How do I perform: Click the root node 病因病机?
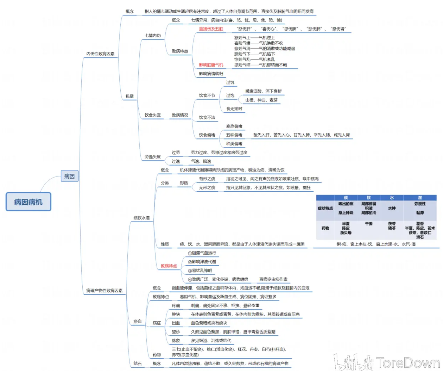pos(28,202)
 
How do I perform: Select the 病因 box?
pos(69,176)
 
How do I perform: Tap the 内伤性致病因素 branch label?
pos(100,54)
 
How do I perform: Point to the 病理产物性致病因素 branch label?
pos(104,291)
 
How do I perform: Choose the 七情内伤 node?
pos(153,36)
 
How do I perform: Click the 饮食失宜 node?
pos(153,115)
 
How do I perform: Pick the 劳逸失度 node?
pos(153,157)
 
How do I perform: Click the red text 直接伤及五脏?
pos(211,29)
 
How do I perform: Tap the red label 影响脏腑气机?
pos(211,65)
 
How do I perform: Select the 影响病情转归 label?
pos(211,74)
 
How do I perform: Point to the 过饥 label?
pos(230,82)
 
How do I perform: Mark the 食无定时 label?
pos(234,109)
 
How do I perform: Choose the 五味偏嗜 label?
pos(234,135)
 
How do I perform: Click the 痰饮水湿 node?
pos(141,218)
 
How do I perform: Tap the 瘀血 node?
pos(138,321)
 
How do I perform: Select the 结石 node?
pos(138,364)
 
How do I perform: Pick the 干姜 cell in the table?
pos(368,224)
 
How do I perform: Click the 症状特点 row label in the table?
pos(325,208)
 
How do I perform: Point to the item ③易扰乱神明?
pos(200,271)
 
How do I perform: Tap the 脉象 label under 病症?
pos(176,341)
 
